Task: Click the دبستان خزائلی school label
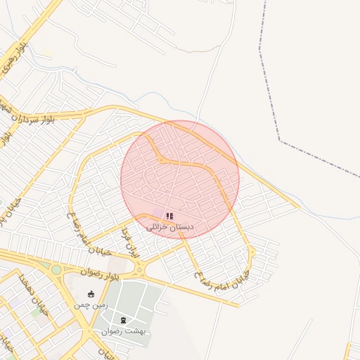169,228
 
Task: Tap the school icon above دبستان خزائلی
169,215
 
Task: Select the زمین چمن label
91,306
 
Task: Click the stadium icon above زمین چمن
91,294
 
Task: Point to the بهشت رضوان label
124,331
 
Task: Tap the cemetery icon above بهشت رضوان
124,320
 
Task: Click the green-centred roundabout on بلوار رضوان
56,269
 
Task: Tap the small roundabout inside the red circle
161,160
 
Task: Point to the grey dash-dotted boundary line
281,141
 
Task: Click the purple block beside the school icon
158,212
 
